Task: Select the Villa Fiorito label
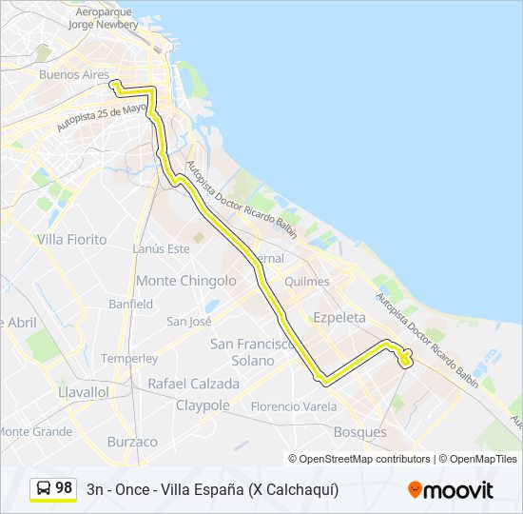pos(71,240)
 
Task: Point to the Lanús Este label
pos(161,248)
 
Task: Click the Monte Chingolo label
pos(185,281)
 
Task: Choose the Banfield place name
pos(130,305)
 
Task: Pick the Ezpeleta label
pos(339,319)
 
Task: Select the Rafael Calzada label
pos(193,384)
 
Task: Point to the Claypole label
pos(203,405)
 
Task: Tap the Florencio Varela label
pos(294,406)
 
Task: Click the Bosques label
pos(359,432)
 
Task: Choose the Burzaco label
pos(132,442)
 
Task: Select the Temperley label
pos(129,359)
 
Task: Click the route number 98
pos(64,488)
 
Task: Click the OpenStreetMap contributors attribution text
pos(364,459)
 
